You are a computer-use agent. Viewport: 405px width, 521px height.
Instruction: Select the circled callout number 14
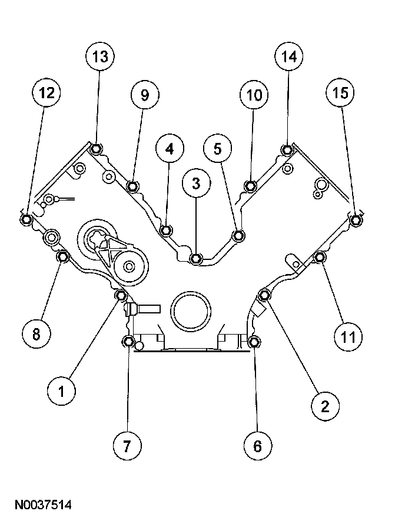tap(288, 58)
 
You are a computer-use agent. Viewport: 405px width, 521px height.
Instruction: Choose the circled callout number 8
tap(36, 334)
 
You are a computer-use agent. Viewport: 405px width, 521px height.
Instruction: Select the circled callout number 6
tap(257, 445)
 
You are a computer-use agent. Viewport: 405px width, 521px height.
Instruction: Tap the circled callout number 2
tap(324, 406)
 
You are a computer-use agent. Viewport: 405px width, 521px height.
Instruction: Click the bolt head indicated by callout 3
tap(197, 258)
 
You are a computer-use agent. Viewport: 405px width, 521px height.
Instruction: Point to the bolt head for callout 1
tap(121, 295)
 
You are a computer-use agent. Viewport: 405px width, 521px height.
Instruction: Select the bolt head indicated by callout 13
tap(98, 148)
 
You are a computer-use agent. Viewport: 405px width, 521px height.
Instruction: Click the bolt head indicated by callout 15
tap(355, 221)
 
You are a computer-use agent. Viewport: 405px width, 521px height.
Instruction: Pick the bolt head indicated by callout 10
tap(251, 186)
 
